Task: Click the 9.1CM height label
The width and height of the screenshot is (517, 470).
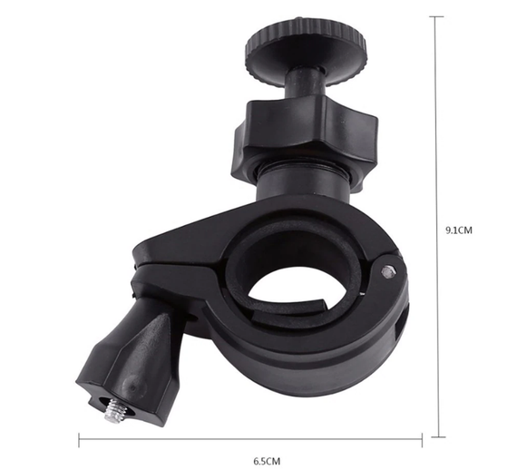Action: (459, 230)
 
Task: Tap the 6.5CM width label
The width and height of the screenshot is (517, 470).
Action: (267, 461)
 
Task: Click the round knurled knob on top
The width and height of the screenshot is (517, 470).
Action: (306, 50)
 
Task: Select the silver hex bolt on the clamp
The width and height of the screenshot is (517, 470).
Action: (389, 271)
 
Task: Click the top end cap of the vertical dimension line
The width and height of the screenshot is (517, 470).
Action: (437, 16)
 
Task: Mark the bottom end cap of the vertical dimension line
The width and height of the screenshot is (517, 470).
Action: (438, 437)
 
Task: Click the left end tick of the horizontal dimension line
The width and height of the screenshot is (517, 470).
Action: (79, 440)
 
